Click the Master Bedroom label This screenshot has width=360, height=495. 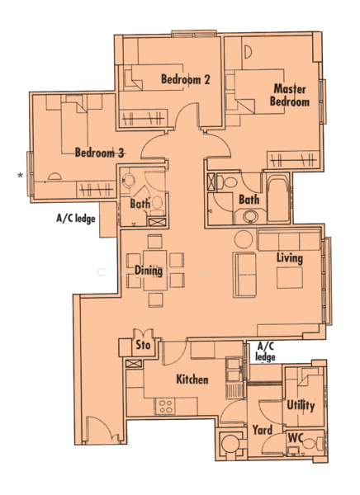pyautogui.click(x=289, y=95)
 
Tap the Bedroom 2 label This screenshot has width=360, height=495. pyautogui.click(x=186, y=79)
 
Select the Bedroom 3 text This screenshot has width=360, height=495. pyautogui.click(x=99, y=153)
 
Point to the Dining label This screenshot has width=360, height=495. pyautogui.click(x=149, y=271)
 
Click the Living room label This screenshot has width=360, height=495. pyautogui.click(x=290, y=258)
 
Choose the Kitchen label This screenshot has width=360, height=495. pyautogui.click(x=192, y=379)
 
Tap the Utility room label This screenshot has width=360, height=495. pyautogui.click(x=301, y=405)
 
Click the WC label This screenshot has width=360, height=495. pyautogui.click(x=296, y=438)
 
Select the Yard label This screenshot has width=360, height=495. pyautogui.click(x=263, y=430)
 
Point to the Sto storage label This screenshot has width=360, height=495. pyautogui.click(x=143, y=345)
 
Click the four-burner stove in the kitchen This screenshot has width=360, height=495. pyautogui.click(x=166, y=406)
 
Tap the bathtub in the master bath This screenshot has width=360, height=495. pyautogui.click(x=277, y=199)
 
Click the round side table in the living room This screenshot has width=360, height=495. pyautogui.click(x=244, y=239)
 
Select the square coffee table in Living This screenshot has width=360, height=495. pyautogui.click(x=290, y=278)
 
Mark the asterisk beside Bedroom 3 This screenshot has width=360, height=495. pyautogui.click(x=20, y=175)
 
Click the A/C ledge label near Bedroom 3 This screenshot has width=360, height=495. pyautogui.click(x=76, y=219)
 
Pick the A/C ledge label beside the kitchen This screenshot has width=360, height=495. pyautogui.click(x=265, y=351)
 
